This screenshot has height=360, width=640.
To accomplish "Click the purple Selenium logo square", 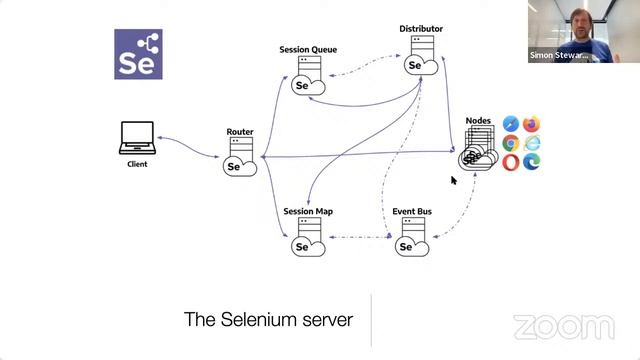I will click(139, 54).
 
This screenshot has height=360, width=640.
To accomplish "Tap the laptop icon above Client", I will click(137, 138).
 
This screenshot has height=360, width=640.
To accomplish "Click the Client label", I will click(137, 164).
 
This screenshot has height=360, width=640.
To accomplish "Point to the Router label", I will click(240, 132).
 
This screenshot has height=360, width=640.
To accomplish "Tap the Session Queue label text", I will click(308, 50).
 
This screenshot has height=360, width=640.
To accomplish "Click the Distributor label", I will click(421, 29).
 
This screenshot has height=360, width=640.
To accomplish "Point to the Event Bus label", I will click(411, 212).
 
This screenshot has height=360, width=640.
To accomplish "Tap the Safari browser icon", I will click(511, 124).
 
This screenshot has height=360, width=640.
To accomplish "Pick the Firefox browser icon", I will click(531, 124).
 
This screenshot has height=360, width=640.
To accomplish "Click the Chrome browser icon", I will click(511, 143).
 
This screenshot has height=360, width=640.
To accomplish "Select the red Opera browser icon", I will click(511, 162).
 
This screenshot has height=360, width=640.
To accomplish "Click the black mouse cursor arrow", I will click(454, 181).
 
